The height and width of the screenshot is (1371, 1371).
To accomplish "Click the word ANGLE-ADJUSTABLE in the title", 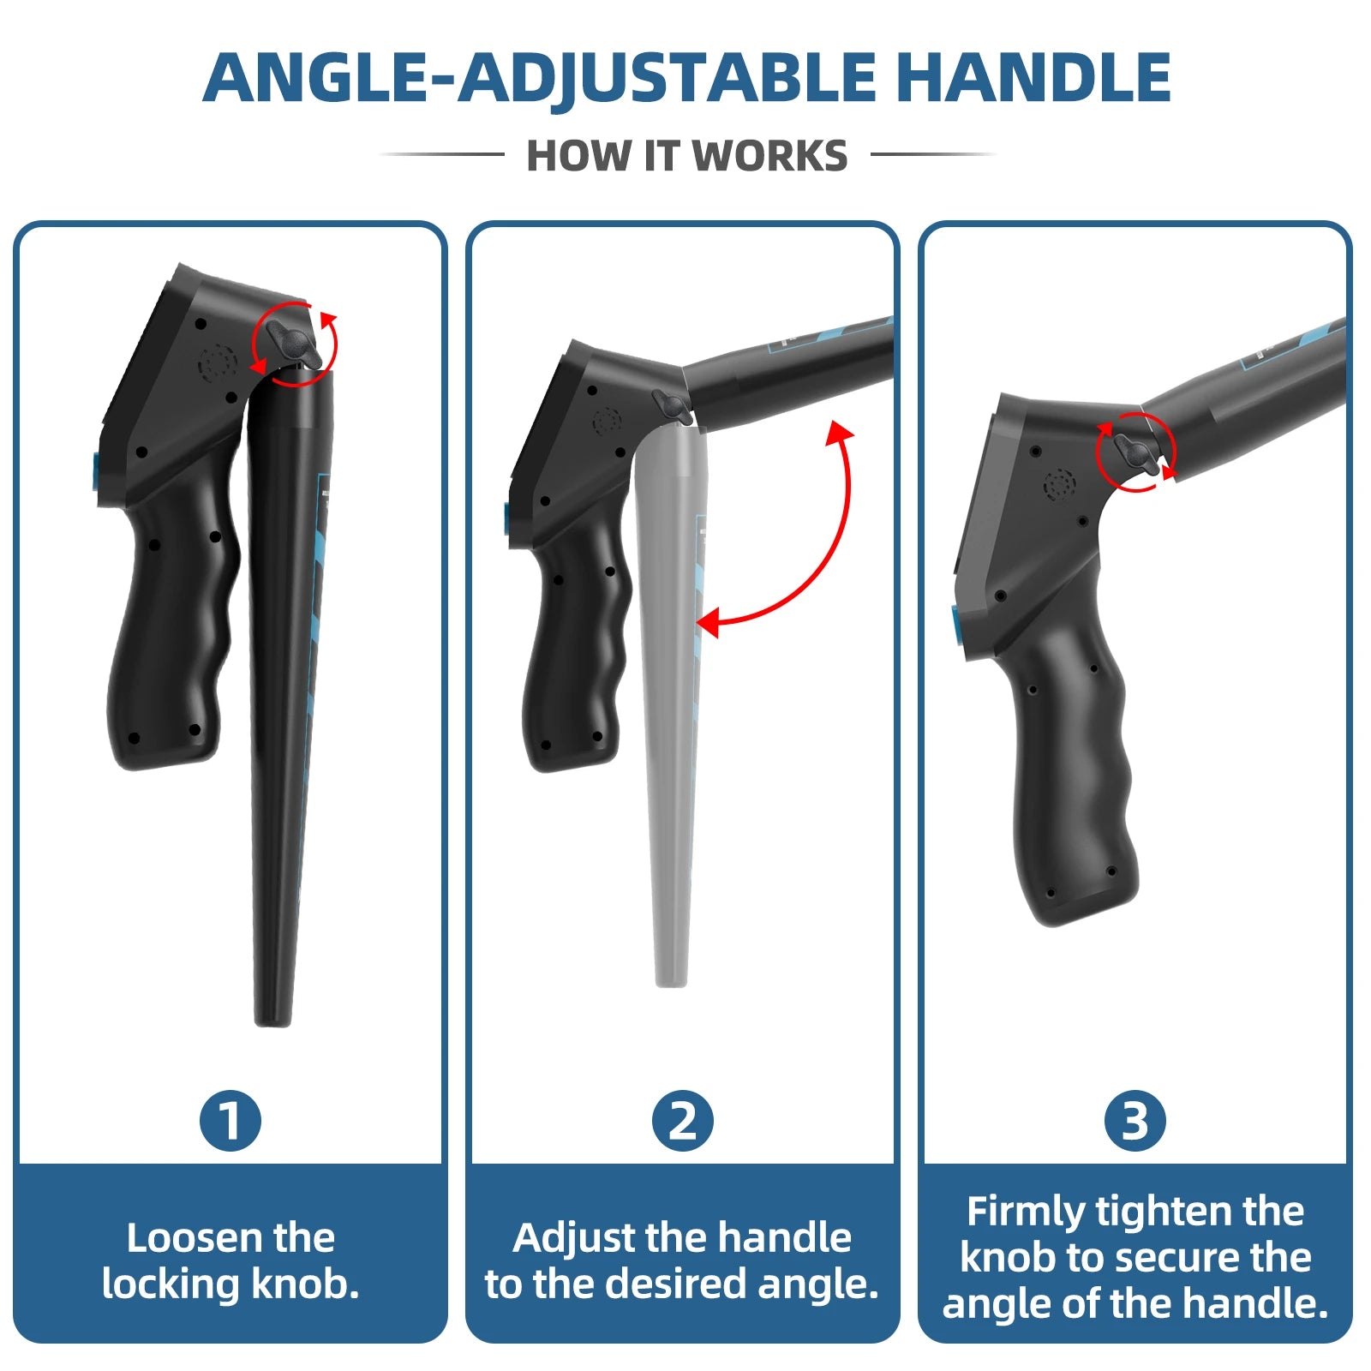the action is pyautogui.click(x=539, y=78).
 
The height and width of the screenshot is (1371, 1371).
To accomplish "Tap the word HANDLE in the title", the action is pyautogui.click(x=1033, y=78).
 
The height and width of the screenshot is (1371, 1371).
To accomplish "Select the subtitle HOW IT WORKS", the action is pyautogui.click(x=686, y=156).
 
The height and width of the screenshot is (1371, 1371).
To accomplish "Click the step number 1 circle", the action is pyautogui.click(x=230, y=1121).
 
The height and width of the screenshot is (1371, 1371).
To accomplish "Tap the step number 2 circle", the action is pyautogui.click(x=682, y=1121).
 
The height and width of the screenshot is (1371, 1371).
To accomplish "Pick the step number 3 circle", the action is pyautogui.click(x=1135, y=1121).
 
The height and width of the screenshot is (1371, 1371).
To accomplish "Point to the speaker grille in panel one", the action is pyautogui.click(x=218, y=363).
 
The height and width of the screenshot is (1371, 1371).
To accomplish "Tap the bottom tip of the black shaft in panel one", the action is pyautogui.click(x=273, y=1023).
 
